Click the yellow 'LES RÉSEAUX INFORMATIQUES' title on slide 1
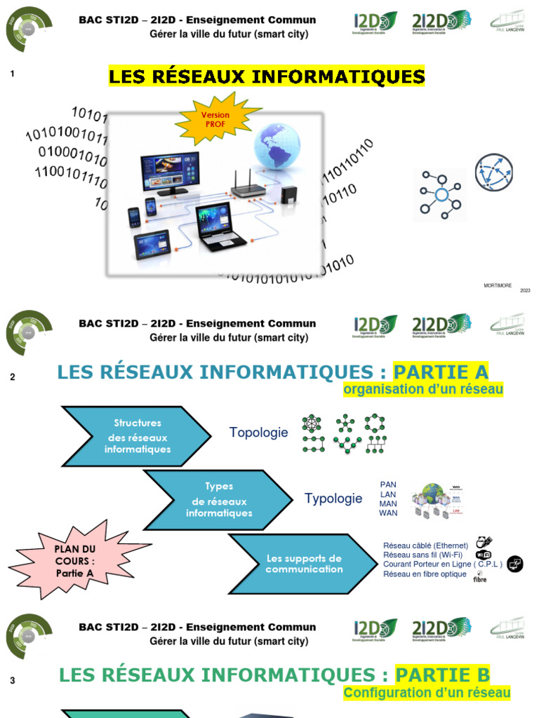tap(267, 76)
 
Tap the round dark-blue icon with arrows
tap(493, 172)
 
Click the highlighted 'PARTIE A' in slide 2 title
tap(440, 372)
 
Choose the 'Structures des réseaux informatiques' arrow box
tap(137, 436)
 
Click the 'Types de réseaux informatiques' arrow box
tap(218, 499)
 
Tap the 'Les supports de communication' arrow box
tap(303, 563)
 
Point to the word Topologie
tap(258, 433)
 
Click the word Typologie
tap(333, 499)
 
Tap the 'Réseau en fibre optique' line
tap(425, 574)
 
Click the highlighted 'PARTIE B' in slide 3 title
tap(441, 675)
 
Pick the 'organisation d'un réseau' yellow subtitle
tap(423, 389)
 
